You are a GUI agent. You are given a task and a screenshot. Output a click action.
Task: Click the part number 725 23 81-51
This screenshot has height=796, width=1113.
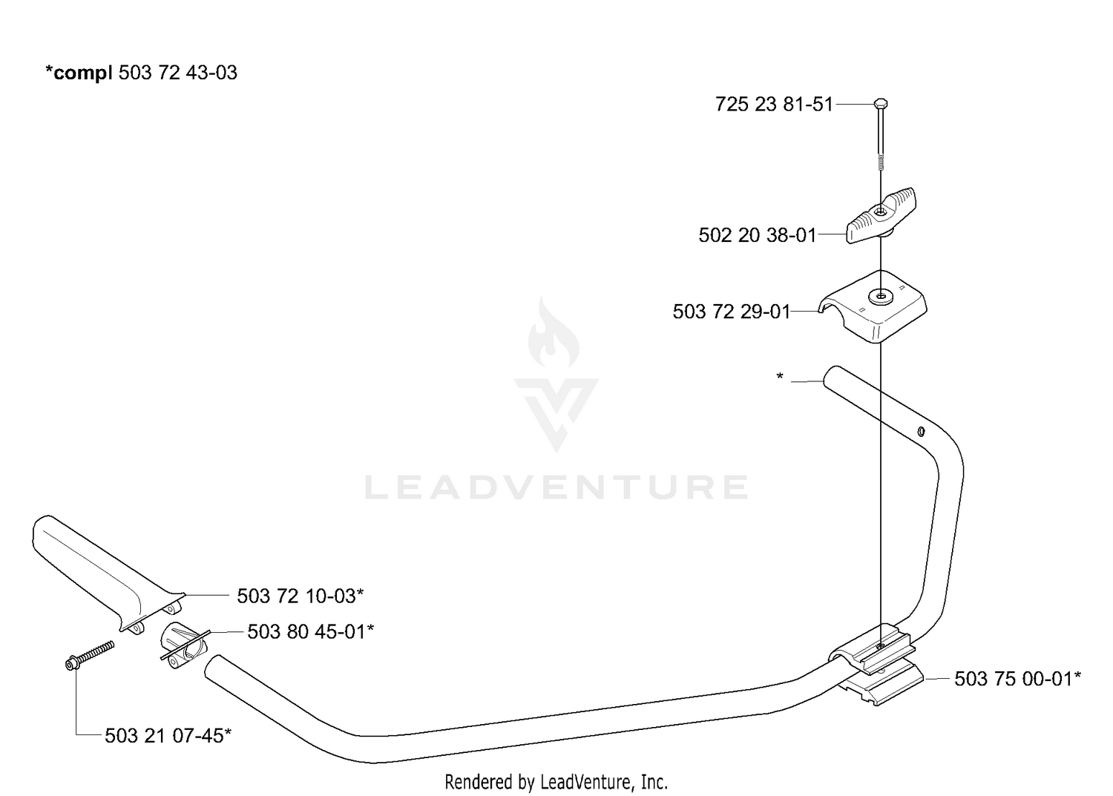point(774,105)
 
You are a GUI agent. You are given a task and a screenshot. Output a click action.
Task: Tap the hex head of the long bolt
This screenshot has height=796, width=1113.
point(881,103)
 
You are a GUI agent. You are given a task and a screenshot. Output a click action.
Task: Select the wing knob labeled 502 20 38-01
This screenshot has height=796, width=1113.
point(881,215)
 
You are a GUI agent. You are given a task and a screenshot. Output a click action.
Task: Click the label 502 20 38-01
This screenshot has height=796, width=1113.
point(758,235)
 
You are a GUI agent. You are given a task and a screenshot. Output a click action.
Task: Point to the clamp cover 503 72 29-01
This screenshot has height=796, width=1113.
point(873,306)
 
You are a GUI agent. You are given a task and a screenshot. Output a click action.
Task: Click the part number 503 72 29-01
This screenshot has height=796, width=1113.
point(732,312)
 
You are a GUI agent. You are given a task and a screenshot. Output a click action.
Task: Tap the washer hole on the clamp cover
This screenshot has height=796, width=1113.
point(881,297)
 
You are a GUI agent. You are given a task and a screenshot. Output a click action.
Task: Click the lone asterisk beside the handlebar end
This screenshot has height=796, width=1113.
point(780,376)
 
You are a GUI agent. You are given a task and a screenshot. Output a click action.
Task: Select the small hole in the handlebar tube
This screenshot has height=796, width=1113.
point(920,431)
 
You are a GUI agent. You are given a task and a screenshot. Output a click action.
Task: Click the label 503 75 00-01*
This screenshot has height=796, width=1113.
point(1017,679)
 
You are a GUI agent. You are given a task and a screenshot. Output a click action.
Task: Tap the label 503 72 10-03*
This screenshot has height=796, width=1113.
point(300,596)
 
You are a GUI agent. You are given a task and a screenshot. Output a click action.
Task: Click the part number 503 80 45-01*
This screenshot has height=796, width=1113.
point(311,631)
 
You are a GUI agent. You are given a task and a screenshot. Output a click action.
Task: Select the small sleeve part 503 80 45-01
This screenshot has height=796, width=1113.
point(183,645)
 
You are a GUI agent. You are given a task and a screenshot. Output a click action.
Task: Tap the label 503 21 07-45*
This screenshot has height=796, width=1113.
point(168,736)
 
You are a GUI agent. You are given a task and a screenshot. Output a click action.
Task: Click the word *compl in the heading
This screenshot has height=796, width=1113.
point(79,73)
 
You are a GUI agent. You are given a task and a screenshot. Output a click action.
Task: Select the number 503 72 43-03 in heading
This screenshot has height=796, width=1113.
point(178,73)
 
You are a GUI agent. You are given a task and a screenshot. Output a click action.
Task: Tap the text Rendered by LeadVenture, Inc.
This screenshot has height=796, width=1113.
point(556,782)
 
